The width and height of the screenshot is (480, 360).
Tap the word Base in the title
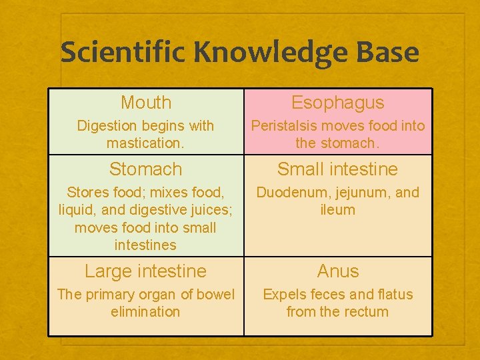pos(388,53)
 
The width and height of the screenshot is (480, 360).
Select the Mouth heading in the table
pos(146,103)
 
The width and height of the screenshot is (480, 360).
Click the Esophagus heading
pos(337,103)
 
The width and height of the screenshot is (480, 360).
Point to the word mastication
pos(145,143)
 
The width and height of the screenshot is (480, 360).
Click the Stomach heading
pos(145,169)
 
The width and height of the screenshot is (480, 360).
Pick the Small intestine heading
pos(337,169)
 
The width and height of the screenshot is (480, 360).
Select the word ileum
pos(337,210)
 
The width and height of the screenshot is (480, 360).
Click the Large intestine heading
pos(145,271)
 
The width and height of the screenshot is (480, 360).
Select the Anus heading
pos(337,271)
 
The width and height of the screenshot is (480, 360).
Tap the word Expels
pos(284,295)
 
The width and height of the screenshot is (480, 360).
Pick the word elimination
pos(145,312)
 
